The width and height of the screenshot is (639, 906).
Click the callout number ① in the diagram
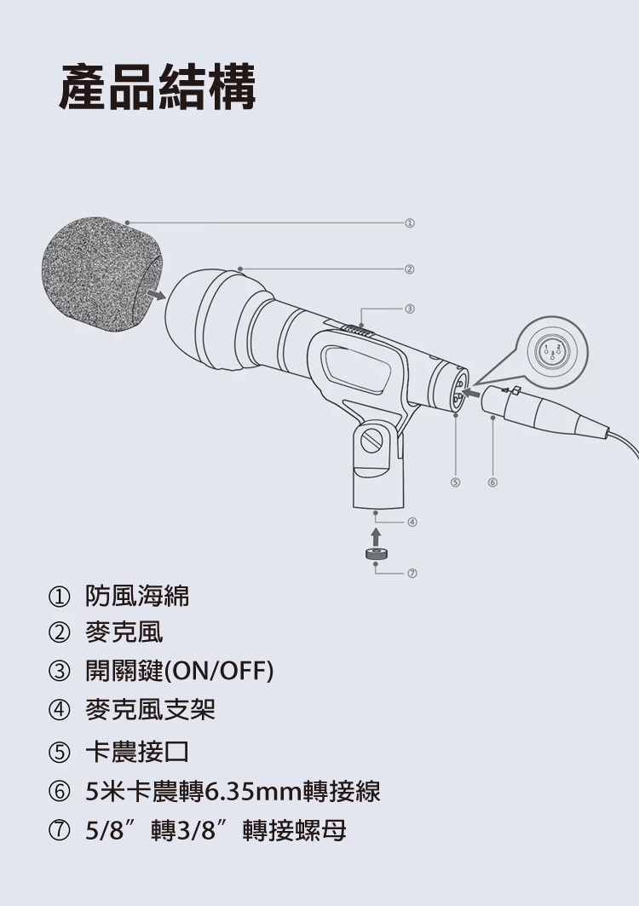pos(409,222)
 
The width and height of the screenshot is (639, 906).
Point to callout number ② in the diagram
pos(409,269)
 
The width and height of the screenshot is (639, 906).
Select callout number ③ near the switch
pos(409,309)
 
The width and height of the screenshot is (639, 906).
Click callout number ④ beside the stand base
pos(412,522)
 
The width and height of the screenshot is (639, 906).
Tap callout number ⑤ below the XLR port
pos(455,482)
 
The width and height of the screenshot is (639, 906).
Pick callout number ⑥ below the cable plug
pos(492,482)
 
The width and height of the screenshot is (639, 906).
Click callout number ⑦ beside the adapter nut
pos(412,574)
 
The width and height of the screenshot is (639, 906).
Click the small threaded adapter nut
pos(376,553)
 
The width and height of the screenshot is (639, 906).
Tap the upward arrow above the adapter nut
pos(376,535)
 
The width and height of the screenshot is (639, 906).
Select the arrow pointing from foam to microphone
pos(156,295)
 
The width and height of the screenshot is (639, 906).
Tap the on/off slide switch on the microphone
pos(358,330)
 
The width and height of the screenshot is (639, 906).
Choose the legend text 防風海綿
pos(137,596)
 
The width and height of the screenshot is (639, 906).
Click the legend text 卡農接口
pos(137,752)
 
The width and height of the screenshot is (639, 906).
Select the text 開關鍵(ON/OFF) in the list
pos(180,671)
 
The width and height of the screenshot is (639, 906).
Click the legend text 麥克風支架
pos(150,710)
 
